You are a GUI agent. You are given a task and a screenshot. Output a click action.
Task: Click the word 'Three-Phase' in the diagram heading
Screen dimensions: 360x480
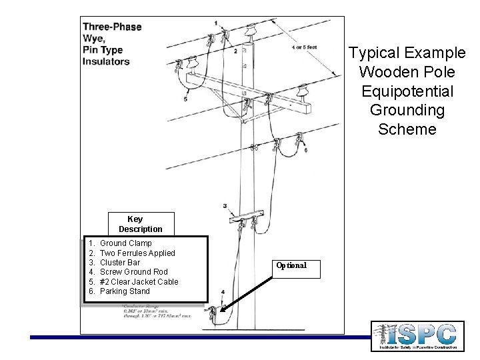coord(112,27)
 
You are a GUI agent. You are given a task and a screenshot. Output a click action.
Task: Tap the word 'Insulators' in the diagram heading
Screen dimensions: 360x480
coord(106,61)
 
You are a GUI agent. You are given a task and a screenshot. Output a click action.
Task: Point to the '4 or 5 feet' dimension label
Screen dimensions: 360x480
coord(303,47)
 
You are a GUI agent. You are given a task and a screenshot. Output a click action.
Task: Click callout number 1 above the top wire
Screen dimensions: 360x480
coord(215,23)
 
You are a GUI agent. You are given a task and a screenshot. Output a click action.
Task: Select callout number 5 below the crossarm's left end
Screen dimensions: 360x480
coord(185,99)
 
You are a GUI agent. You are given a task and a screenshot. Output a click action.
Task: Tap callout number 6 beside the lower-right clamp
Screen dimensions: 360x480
coord(305,150)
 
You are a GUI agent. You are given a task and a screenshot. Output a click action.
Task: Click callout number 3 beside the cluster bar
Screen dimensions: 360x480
coord(225,205)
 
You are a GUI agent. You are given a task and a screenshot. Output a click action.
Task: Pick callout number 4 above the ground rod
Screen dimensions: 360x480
coord(223,292)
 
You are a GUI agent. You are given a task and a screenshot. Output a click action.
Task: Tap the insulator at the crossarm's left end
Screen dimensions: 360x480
coord(199,64)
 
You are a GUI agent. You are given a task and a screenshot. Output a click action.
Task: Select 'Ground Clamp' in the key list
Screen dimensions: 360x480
coord(125,243)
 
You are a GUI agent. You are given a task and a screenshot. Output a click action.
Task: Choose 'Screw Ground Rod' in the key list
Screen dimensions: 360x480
coord(130,272)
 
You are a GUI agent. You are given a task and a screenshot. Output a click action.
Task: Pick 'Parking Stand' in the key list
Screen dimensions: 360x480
coord(125,291)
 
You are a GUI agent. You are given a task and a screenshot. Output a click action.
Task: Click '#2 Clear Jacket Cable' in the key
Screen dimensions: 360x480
coord(139,281)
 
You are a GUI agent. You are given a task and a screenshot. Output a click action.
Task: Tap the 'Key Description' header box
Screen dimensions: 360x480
coord(140,224)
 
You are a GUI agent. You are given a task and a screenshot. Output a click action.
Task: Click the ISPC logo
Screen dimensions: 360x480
coord(417,336)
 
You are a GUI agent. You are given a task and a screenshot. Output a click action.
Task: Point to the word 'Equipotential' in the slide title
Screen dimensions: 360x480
coord(406,91)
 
